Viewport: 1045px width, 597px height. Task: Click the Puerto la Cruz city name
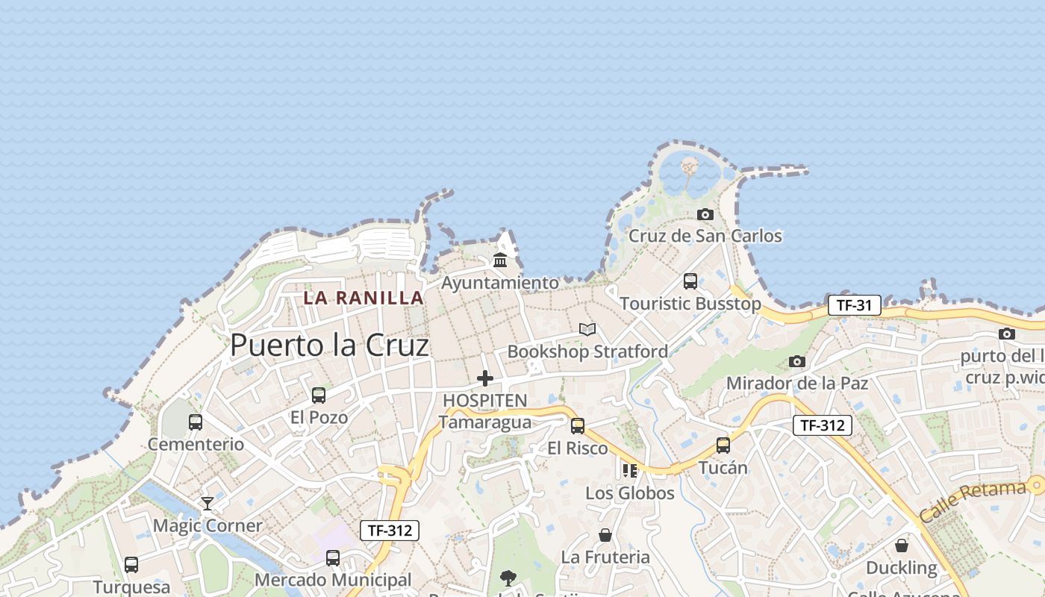tap(329, 346)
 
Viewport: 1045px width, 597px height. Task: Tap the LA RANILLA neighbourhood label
tap(364, 298)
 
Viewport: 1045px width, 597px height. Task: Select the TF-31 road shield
tap(854, 305)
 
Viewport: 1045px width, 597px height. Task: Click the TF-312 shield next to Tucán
tap(822, 425)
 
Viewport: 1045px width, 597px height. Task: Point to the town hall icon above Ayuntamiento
tap(500, 260)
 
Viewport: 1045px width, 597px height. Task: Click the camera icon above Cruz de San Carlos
tap(705, 215)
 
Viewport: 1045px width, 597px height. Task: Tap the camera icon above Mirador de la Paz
tap(797, 362)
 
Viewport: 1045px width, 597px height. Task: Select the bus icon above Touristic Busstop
tap(690, 281)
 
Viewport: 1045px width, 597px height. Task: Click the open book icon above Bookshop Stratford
tap(587, 329)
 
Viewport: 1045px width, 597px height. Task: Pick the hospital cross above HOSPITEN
tap(485, 378)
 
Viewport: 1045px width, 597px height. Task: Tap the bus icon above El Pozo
tap(319, 396)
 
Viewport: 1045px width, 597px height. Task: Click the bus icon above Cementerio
tap(196, 422)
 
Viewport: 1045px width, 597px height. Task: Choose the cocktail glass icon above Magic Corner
tap(208, 504)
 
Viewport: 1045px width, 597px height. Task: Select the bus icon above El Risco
tap(578, 426)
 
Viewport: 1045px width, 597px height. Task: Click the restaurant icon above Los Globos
tap(630, 471)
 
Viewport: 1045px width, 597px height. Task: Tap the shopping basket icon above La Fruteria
tap(605, 535)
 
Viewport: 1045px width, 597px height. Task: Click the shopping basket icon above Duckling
tap(902, 546)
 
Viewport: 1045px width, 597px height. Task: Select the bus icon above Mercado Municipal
tap(333, 558)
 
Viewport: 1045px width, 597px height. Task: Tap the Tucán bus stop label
tap(723, 468)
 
